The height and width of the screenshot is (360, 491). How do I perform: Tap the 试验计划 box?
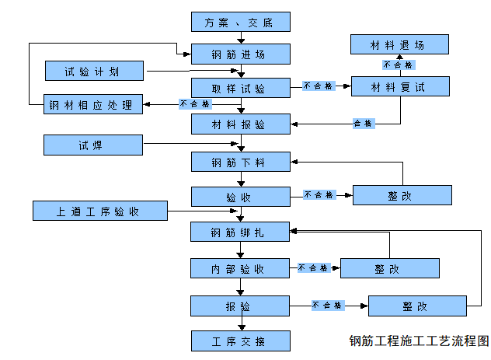click(93, 71)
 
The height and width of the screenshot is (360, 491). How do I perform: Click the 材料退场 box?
click(399, 44)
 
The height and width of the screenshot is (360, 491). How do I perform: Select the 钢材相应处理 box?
click(93, 104)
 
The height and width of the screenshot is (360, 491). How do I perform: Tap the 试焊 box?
click(93, 145)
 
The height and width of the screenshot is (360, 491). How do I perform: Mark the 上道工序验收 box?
click(100, 211)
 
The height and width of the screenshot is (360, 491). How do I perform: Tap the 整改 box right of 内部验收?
click(390, 268)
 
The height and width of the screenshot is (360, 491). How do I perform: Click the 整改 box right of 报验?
click(417, 306)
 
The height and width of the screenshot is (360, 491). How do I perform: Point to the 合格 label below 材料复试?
click(363, 123)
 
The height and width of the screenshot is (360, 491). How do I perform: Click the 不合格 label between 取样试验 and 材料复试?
click(318, 86)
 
